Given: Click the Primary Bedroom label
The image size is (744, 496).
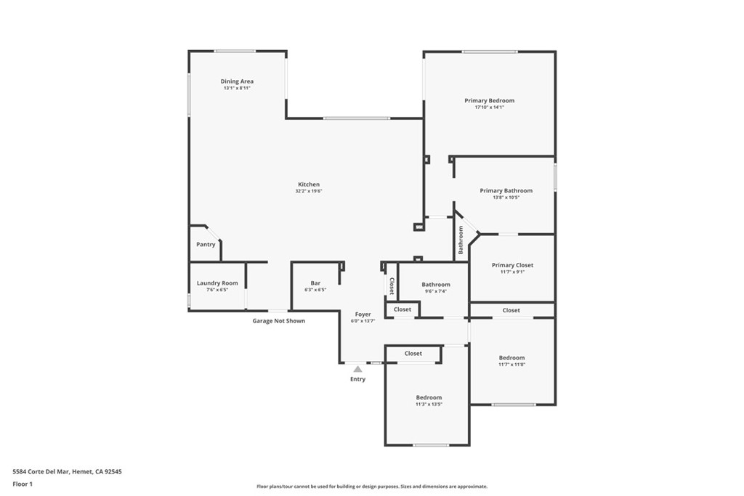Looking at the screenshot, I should click(x=489, y=100).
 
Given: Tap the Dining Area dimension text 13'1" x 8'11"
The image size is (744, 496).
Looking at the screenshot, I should click(x=237, y=88).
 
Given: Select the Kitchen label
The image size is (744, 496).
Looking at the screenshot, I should click(x=308, y=184).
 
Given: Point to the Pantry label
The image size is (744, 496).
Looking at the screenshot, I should click(x=206, y=245).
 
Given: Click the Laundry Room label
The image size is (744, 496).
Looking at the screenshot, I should click(x=217, y=283).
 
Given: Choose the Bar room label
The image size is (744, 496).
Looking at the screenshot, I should click(x=315, y=283).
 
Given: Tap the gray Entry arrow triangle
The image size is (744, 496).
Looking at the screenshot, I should click(x=357, y=369).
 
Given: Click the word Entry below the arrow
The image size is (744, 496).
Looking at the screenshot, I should click(x=357, y=379).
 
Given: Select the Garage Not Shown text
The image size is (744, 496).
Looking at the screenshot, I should click(x=278, y=320).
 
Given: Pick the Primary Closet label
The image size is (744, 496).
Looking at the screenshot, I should click(x=512, y=265).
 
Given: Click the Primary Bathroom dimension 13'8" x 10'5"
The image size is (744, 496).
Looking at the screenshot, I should click(x=506, y=198).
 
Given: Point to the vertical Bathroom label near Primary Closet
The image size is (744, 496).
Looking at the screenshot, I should click(x=461, y=240).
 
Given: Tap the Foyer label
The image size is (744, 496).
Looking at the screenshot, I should click(x=363, y=314).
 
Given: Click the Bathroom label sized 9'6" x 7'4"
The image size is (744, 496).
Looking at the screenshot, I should click(x=436, y=285).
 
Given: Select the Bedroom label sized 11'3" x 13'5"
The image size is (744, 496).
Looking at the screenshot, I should click(x=429, y=397).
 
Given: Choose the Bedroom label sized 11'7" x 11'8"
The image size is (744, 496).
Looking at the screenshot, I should click(x=511, y=357).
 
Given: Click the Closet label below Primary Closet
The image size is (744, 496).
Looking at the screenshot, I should click(x=511, y=310).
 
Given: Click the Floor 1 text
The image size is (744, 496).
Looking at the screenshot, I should click(x=23, y=483).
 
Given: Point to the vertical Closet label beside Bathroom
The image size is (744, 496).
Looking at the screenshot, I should click(x=392, y=285).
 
